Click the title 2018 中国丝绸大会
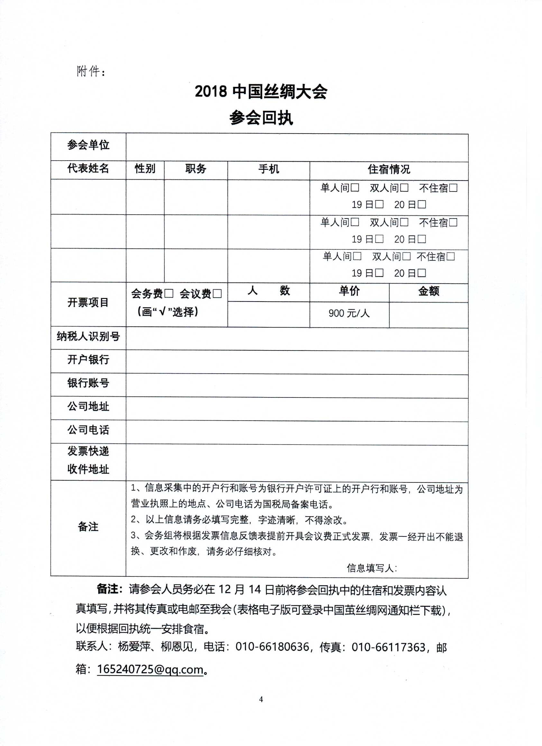[261, 91]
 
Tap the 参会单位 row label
[88, 145]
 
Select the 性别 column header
[145, 169]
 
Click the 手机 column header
[269, 169]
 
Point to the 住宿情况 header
[389, 169]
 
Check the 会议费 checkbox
[217, 294]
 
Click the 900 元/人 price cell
[349, 313]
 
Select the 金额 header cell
[428, 291]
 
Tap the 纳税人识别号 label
[88, 337]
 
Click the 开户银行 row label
[88, 360]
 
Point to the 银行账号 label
[88, 383]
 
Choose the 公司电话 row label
[88, 430]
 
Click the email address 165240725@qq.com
[150, 669]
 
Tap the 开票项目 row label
[88, 303]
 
